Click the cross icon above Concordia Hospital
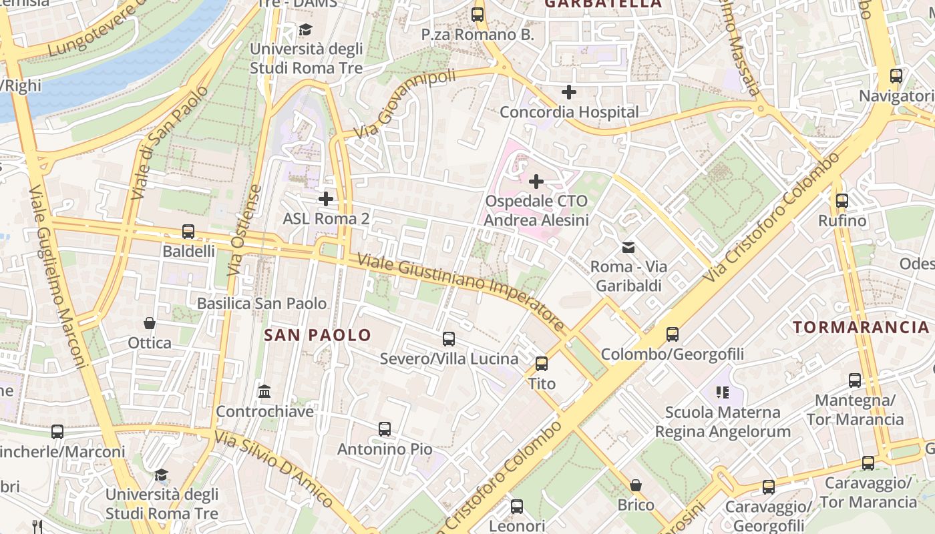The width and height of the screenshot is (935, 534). pos(568,92)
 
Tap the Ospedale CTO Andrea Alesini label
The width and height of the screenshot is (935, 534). pos(536,210)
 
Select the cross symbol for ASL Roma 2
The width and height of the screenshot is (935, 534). pos(326,199)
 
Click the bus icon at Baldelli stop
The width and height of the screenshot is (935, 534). pos(188,232)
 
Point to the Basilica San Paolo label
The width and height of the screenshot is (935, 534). pos(262,304)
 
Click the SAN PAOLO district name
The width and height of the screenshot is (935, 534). pos(317,335)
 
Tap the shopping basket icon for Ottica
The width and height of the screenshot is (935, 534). pos(150,324)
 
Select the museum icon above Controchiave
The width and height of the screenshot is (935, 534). pos(264,391)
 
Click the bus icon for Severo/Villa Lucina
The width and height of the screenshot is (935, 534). pos(449,339)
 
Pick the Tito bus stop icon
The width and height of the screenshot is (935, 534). pos(542,364)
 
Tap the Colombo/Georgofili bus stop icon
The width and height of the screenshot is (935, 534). pos(673,334)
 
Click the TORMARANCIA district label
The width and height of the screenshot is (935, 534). pos(861,327)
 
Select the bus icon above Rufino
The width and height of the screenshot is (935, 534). pos(842,200)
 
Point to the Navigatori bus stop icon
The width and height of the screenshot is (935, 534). pos(896,76)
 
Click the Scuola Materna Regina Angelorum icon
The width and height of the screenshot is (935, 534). pos(722,392)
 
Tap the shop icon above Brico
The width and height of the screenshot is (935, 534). pos(636,485)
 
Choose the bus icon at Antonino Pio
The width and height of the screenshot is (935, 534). pos(385,429)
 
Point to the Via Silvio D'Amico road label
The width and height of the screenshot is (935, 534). pos(274,468)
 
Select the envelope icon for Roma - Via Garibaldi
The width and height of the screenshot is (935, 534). pos(628,248)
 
